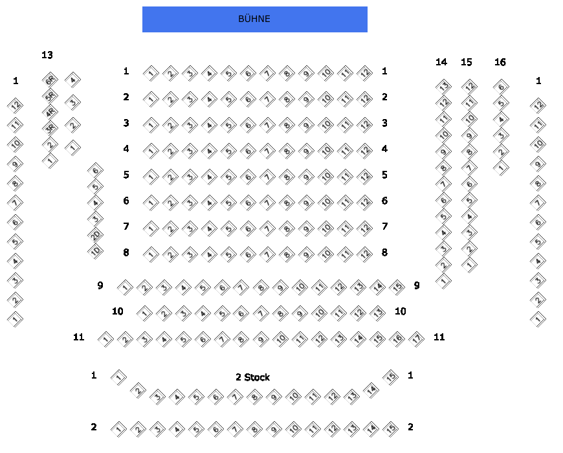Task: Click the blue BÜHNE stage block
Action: tap(254, 19)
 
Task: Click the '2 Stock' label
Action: tap(252, 377)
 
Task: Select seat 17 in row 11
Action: tap(417, 338)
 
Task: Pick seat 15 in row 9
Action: tap(397, 287)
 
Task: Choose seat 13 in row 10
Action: tap(378, 313)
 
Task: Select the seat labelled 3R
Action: tap(50, 128)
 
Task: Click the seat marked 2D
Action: tap(95, 235)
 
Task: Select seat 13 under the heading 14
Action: tap(443, 86)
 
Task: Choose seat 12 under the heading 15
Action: tap(469, 86)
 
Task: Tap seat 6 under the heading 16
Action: tap(500, 86)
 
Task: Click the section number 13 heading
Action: tap(47, 55)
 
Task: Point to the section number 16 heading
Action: tap(500, 62)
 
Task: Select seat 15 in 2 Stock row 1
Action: tap(390, 377)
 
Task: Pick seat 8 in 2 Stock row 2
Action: tap(254, 428)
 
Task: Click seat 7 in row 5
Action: tap(267, 176)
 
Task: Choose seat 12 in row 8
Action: tap(365, 254)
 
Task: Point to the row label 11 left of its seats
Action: tap(78, 337)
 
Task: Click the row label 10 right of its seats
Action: tap(401, 311)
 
